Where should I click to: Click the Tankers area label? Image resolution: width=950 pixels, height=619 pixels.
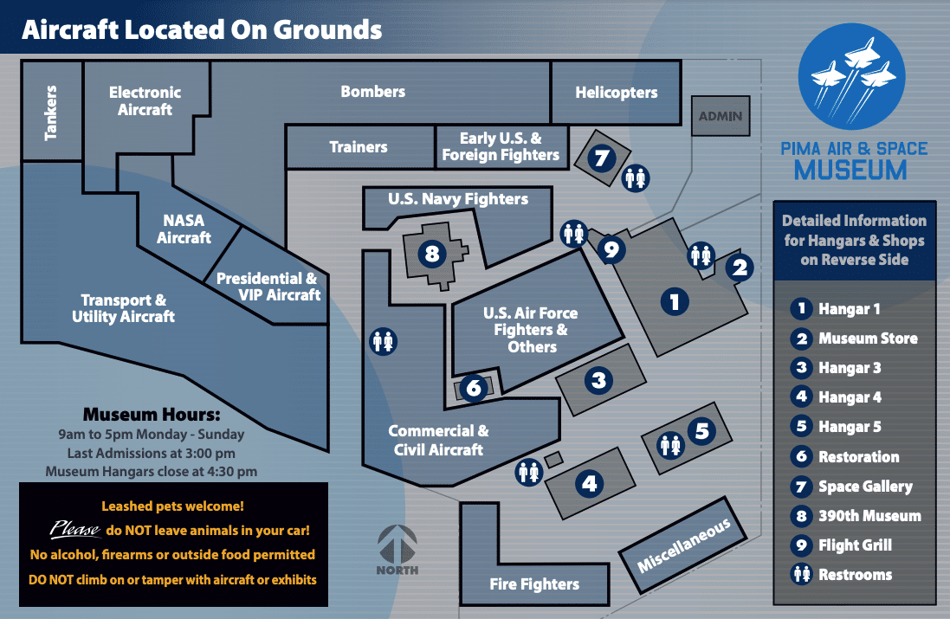click(51, 112)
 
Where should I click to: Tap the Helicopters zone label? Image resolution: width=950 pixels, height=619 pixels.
click(617, 92)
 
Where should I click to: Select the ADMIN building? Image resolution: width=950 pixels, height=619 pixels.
click(721, 116)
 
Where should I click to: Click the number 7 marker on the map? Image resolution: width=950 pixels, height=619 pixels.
click(602, 158)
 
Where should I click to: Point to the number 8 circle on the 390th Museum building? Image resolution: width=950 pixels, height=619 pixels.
click(432, 253)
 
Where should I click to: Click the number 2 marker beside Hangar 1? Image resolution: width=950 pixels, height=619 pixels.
click(740, 268)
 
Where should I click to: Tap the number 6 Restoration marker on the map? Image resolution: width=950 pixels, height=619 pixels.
click(474, 388)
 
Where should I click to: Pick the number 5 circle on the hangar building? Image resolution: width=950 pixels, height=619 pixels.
click(701, 431)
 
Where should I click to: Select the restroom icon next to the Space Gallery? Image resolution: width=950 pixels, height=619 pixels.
click(636, 178)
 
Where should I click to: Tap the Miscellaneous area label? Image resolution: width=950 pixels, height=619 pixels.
click(682, 545)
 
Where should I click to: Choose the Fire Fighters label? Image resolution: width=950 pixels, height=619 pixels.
click(534, 584)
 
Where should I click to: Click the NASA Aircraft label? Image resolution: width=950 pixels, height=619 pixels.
click(184, 229)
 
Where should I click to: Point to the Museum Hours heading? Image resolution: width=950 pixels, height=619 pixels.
click(152, 415)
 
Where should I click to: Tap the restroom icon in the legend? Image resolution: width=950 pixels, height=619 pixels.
click(802, 574)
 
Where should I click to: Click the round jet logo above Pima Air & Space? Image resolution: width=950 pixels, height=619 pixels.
click(851, 76)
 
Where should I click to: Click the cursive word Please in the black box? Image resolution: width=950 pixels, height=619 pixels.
click(75, 529)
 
